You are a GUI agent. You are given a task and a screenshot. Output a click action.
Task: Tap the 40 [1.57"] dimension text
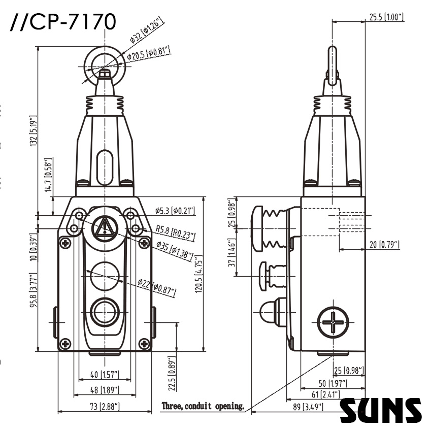click(105, 375)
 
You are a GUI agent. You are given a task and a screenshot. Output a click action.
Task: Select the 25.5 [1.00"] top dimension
click(384, 17)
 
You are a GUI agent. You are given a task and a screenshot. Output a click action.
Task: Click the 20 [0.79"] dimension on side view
click(384, 245)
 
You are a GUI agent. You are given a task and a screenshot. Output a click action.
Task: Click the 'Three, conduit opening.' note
click(203, 406)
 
